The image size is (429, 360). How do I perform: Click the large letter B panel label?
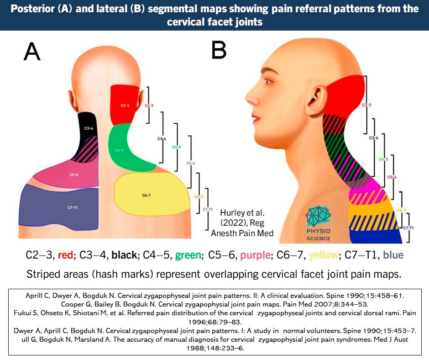coord(219,50)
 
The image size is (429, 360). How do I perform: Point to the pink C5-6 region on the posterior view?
coord(68,174)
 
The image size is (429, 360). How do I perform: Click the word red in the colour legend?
coord(66,255)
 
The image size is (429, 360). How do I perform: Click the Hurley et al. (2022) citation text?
coord(242,222)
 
